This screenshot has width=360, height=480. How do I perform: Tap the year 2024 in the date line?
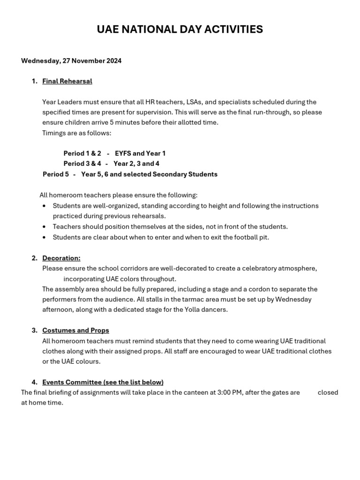[x=113, y=61]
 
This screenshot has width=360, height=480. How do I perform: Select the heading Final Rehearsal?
[x=67, y=81]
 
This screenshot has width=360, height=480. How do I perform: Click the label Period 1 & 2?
[x=82, y=153]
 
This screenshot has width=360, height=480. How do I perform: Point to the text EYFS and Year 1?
[x=140, y=153]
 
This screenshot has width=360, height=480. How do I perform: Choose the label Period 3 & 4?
[x=82, y=164]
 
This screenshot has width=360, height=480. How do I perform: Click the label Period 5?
[x=56, y=174]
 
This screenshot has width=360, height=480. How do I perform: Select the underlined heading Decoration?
[x=61, y=258]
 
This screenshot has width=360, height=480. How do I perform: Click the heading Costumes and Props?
[x=75, y=330]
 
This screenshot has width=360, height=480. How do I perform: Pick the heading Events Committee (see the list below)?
[x=103, y=382]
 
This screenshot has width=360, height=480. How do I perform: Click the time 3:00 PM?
[x=230, y=392]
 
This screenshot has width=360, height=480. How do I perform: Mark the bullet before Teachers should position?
[x=44, y=227]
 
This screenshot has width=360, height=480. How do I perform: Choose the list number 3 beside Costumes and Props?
[x=34, y=330]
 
